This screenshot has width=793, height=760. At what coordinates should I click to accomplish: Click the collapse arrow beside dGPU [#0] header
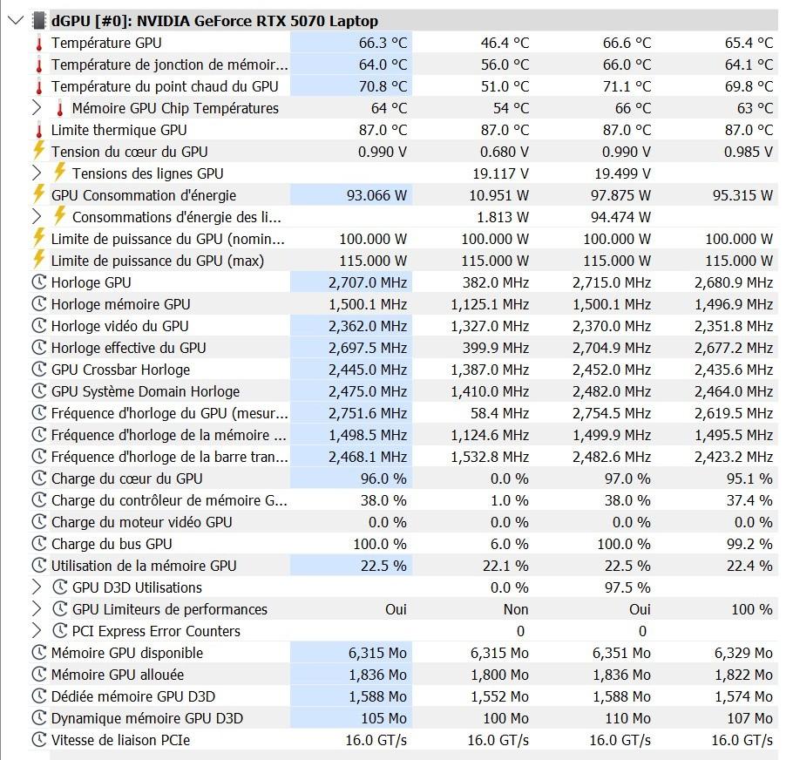[17, 21]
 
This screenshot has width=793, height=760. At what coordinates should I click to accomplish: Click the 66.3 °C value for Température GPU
[383, 43]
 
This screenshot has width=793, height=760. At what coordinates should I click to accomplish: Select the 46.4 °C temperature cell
[505, 43]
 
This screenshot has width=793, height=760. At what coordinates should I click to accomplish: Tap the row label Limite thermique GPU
[119, 130]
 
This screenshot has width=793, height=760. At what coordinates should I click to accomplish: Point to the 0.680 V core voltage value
[505, 152]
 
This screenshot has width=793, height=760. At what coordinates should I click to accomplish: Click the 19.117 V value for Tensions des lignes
[501, 173]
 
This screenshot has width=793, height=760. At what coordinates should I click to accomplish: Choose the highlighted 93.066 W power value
[376, 195]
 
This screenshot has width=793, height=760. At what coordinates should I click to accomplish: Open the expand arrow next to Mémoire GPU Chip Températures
[37, 108]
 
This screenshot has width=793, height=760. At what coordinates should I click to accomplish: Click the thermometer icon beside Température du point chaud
[39, 87]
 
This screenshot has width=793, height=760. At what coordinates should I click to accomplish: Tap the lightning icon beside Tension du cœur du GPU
[39, 151]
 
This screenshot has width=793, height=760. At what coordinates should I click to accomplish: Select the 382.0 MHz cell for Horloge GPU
[496, 282]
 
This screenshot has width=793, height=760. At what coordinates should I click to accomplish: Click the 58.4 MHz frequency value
[499, 413]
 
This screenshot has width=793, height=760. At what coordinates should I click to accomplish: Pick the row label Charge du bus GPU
[112, 544]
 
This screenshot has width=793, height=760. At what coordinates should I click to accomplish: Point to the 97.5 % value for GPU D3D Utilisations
[627, 587]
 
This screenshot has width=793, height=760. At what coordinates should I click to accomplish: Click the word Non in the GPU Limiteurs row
[516, 609]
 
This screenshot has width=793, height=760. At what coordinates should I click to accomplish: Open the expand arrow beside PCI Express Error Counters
[37, 630]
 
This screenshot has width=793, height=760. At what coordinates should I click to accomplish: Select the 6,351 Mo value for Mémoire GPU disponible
[621, 653]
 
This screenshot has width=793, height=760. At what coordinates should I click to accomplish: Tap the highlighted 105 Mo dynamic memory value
[383, 718]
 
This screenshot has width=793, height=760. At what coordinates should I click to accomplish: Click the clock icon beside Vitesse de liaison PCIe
[39, 740]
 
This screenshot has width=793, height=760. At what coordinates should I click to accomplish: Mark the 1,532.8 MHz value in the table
[490, 457]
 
